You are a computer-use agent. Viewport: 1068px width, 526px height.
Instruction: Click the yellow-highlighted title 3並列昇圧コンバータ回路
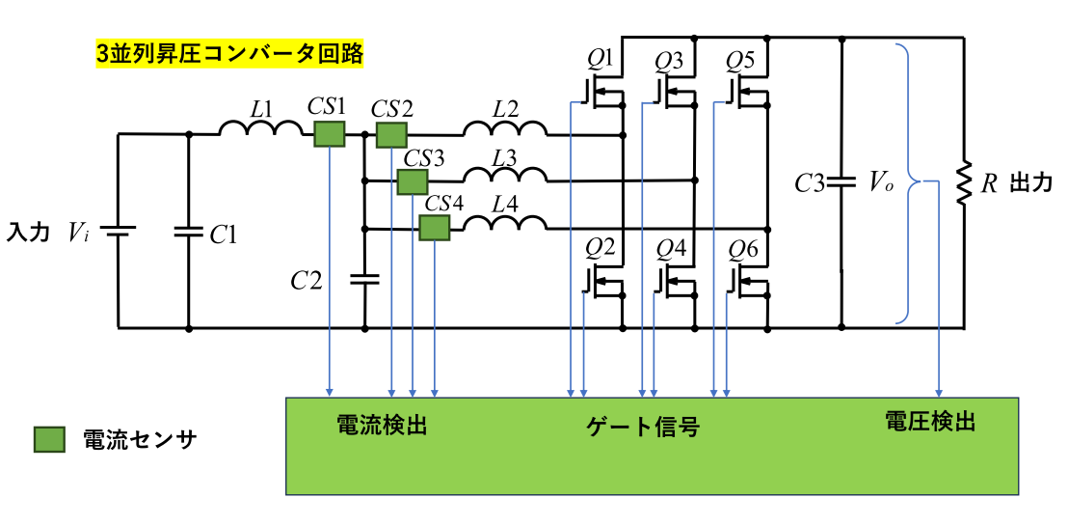click(229, 53)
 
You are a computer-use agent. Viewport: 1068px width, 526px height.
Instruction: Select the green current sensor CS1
click(330, 134)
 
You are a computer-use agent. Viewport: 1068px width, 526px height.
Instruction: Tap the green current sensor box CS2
click(390, 134)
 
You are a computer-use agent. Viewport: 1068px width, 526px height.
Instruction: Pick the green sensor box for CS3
click(413, 181)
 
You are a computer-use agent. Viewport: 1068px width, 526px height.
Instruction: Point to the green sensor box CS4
click(435, 228)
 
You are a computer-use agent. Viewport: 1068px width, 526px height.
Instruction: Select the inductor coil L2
click(504, 128)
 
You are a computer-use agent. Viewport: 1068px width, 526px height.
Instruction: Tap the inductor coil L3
click(504, 175)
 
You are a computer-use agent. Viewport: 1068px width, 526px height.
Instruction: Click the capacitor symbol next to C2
click(365, 280)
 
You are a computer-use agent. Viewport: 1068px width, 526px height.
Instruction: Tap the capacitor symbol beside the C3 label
click(842, 181)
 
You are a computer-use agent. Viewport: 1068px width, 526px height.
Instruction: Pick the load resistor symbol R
click(963, 183)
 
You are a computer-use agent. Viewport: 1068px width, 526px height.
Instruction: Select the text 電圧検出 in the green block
click(930, 421)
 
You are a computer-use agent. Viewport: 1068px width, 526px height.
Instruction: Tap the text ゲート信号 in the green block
click(642, 425)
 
